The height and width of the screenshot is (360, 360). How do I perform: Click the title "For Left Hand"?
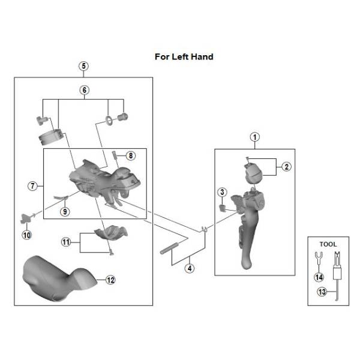pos(184,57)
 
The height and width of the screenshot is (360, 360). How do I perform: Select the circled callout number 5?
pos(83,66)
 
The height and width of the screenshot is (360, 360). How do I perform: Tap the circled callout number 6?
pos(84,90)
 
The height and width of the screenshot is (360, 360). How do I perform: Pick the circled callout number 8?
pos(131,155)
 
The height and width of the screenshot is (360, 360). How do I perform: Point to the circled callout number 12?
pos(110,280)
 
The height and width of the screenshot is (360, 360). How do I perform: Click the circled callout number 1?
pos(254,137)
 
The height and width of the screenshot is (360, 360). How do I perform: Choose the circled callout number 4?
pos(190,268)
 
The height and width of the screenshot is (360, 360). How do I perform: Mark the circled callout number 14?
pos(319,277)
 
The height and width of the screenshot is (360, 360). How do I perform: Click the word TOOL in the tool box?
pos(328,244)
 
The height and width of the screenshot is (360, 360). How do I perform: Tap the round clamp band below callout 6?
pos(50,137)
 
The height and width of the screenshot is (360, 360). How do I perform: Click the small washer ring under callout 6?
pos(109,121)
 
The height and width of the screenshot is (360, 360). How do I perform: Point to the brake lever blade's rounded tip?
pos(247,263)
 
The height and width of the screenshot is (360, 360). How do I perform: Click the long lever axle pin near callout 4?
pos(169,248)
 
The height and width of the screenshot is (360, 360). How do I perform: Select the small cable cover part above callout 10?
pos(25,218)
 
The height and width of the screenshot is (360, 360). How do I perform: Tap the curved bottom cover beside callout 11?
pos(111,233)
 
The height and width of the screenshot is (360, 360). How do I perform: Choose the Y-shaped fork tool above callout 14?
pos(318,257)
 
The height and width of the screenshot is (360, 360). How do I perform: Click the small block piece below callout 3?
pos(222,208)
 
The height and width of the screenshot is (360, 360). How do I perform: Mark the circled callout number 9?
pos(65,211)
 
